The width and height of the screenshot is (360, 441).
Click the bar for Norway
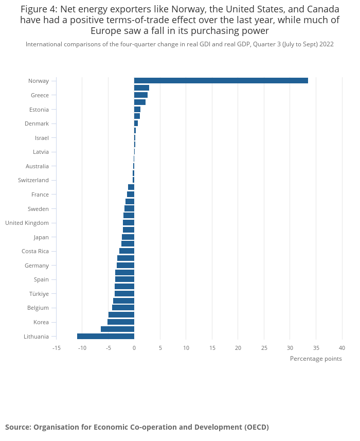[221, 80]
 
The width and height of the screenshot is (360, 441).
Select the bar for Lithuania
[105, 336]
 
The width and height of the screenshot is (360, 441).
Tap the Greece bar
[140, 95]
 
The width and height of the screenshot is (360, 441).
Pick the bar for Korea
[121, 322]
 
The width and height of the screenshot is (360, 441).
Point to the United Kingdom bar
[129, 222]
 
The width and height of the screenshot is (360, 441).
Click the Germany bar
[125, 265]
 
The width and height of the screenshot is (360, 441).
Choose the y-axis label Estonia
[39, 109]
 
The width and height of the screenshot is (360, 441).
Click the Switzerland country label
[33, 180]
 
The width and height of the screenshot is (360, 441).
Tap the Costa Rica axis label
[35, 251]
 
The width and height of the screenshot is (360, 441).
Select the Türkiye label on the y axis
[39, 294]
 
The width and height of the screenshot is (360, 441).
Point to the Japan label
[41, 237]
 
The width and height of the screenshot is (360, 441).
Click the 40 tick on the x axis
[342, 348]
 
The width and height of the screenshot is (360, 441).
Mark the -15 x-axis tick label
[57, 348]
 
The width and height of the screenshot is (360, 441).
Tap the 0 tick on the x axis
[134, 348]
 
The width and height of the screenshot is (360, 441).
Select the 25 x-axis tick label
[264, 348]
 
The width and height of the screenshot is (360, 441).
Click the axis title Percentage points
[316, 359]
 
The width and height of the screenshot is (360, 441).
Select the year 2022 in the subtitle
[326, 44]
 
